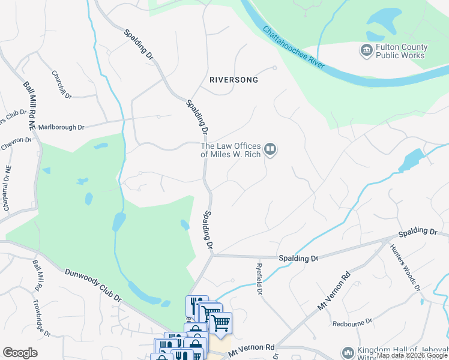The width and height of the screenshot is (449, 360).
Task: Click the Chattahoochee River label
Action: [294, 47]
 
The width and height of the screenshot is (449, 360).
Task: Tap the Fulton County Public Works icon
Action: [366, 51]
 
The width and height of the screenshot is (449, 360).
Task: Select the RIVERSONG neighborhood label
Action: [234, 80]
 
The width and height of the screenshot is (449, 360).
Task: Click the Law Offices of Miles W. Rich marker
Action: [270, 149]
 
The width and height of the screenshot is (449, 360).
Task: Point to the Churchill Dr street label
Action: [62, 86]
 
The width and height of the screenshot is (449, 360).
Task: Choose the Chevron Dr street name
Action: [16, 141]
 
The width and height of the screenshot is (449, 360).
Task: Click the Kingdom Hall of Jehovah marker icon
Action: [348, 353]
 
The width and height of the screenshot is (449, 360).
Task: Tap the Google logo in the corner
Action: [20, 352]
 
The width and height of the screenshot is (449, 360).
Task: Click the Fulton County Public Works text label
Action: [401, 52]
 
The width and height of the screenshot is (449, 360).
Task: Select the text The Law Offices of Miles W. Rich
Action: [231, 149]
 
